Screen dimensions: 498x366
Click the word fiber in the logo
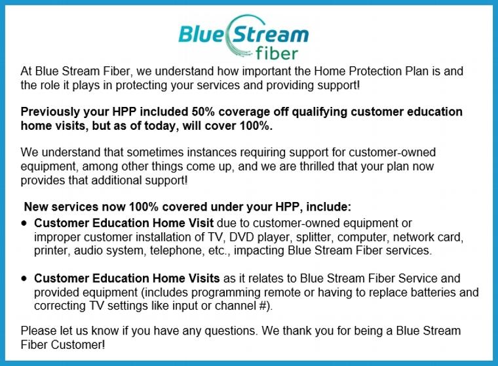277,53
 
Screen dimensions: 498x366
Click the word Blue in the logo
201,33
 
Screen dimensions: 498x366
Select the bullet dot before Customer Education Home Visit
24,224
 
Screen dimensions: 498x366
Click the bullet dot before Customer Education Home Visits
24,279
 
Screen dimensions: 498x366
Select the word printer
51,251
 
